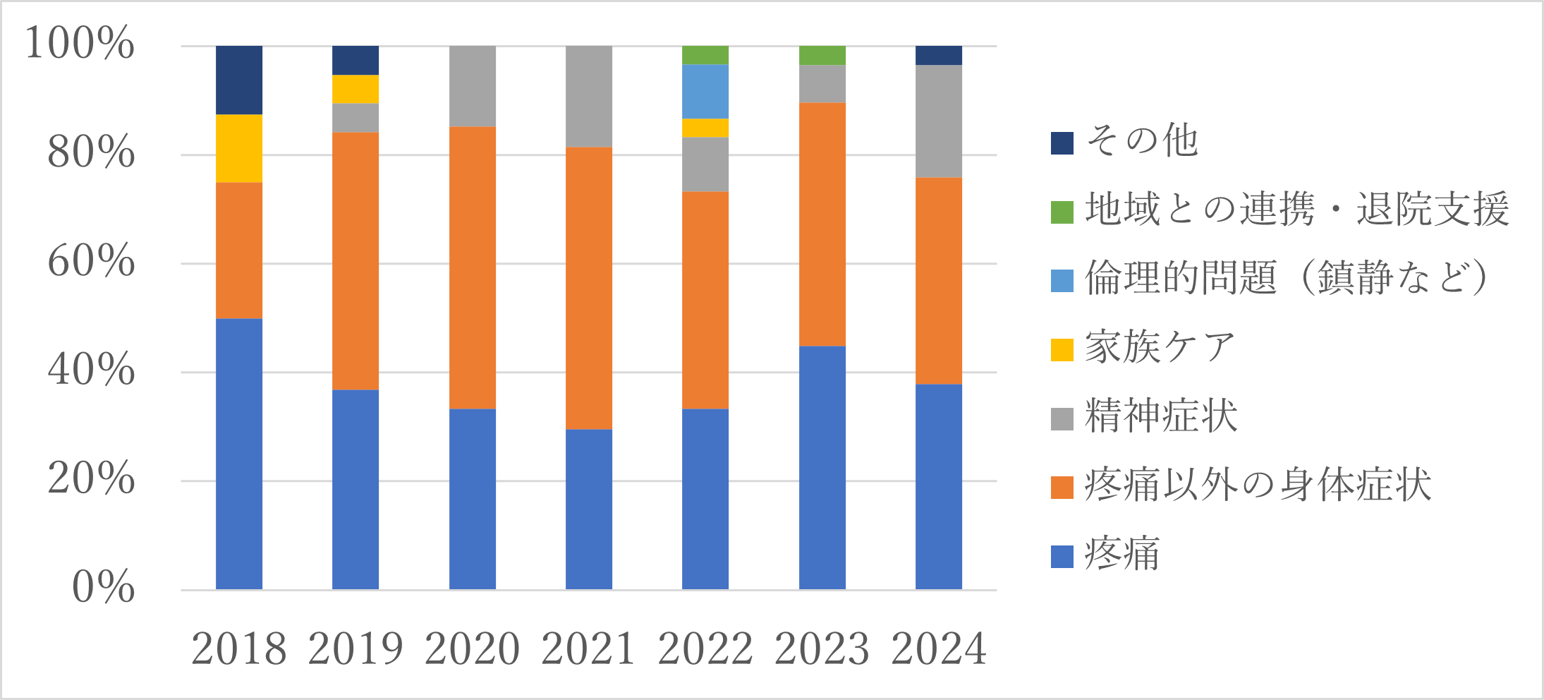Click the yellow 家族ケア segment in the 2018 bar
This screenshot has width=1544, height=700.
pyautogui.click(x=239, y=148)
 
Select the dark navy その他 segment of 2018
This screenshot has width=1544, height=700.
pyautogui.click(x=239, y=80)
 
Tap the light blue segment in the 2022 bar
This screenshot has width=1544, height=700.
pyautogui.click(x=705, y=91)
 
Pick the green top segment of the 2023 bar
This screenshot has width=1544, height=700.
pyautogui.click(x=822, y=55)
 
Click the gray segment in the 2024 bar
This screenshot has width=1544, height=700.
pyautogui.click(x=939, y=121)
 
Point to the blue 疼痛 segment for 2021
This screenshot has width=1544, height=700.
pyautogui.click(x=589, y=509)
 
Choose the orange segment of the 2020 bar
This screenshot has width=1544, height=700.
pyautogui.click(x=473, y=267)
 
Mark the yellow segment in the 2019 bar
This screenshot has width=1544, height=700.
pyautogui.click(x=355, y=89)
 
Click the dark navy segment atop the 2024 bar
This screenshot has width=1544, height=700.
pyautogui.click(x=939, y=55)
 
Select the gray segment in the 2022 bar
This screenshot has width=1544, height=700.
pyautogui.click(x=705, y=164)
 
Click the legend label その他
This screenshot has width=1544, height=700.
pyautogui.click(x=1142, y=141)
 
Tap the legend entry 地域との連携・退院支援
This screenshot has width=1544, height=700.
pyautogui.click(x=1296, y=210)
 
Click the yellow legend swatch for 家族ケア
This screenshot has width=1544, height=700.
pyautogui.click(x=1062, y=349)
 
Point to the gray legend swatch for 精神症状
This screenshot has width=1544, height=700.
pyautogui.click(x=1062, y=418)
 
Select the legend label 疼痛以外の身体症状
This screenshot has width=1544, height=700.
pyautogui.click(x=1258, y=485)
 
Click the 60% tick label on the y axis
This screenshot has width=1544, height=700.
pyautogui.click(x=91, y=262)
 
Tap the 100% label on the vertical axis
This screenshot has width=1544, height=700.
pyautogui.click(x=79, y=44)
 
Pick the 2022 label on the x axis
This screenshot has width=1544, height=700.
pyautogui.click(x=705, y=649)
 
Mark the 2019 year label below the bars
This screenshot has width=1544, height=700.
pyautogui.click(x=355, y=649)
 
